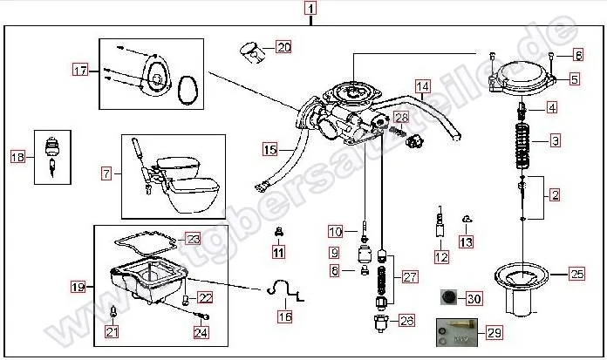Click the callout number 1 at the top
310,10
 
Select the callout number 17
80,70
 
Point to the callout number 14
422,86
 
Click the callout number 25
576,275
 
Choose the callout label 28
401,117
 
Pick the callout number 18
17,157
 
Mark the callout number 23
193,238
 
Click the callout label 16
284,316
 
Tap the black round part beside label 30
447,299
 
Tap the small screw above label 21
113,311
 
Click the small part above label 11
278,234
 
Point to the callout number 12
441,257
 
